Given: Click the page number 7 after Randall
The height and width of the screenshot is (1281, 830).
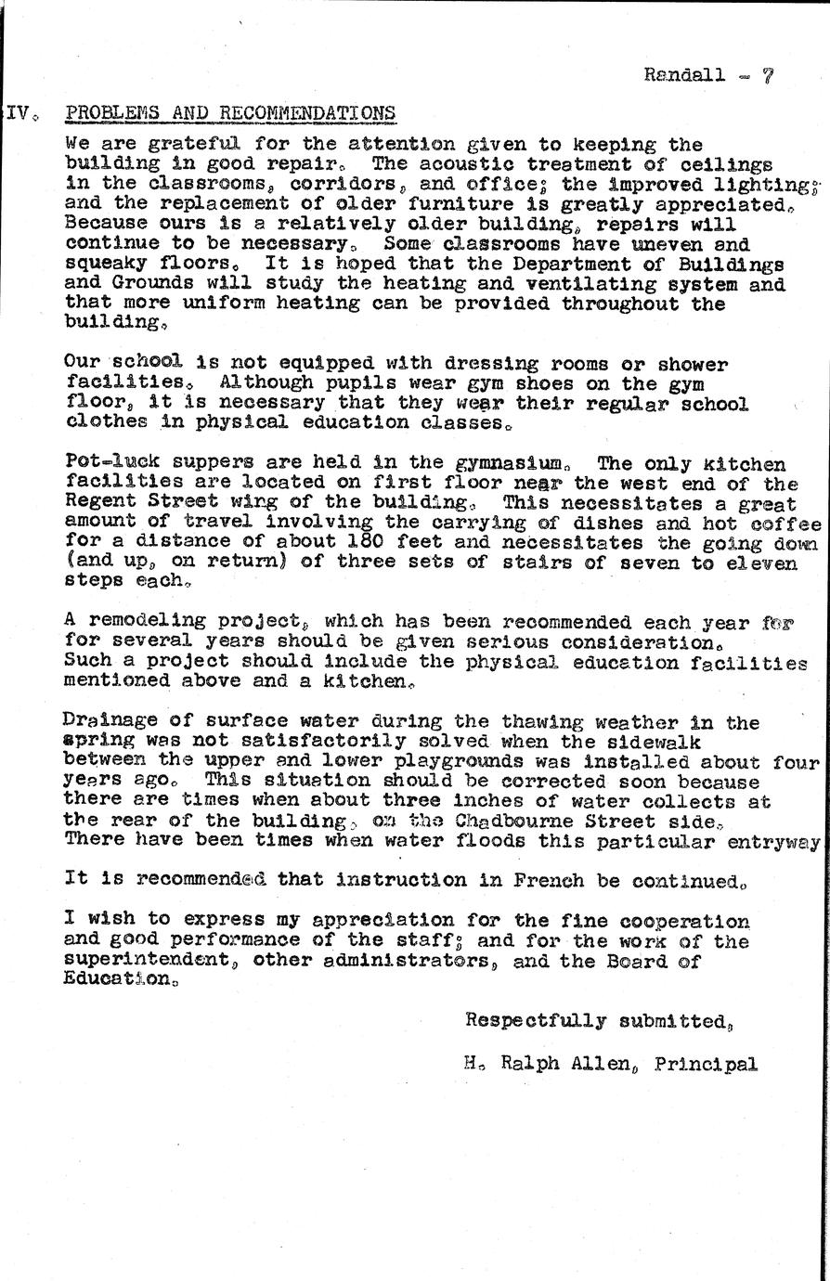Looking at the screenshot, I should click(x=767, y=76).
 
